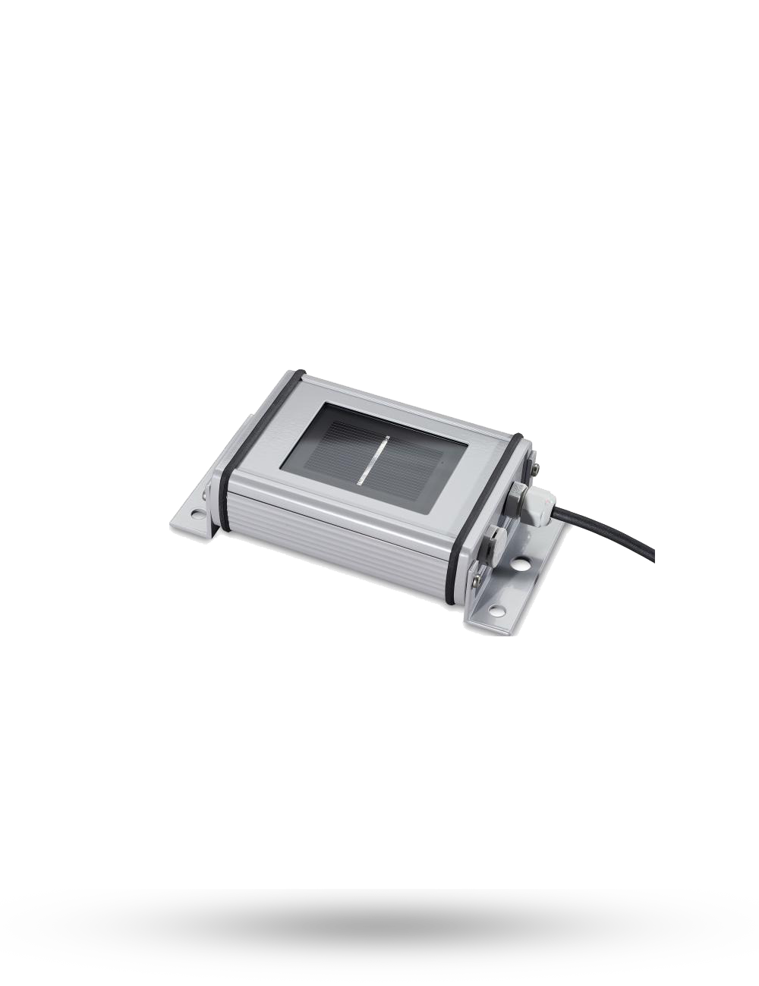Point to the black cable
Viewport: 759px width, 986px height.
[607, 531]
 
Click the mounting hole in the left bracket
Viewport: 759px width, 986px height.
[197, 514]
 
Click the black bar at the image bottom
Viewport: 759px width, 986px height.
[379, 937]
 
